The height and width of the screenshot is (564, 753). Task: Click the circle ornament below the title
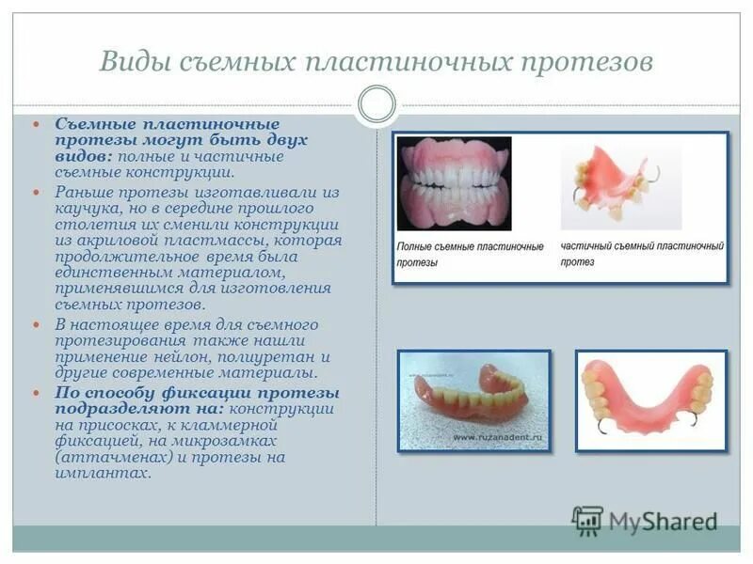(376, 104)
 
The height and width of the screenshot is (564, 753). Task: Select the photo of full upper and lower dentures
(454, 183)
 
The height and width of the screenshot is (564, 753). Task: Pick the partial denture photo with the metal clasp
(620, 185)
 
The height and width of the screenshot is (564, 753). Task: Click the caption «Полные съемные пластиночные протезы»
(469, 255)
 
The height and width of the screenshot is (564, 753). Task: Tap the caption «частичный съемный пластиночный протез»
(642, 254)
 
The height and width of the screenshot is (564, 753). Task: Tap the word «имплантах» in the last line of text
(103, 475)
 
